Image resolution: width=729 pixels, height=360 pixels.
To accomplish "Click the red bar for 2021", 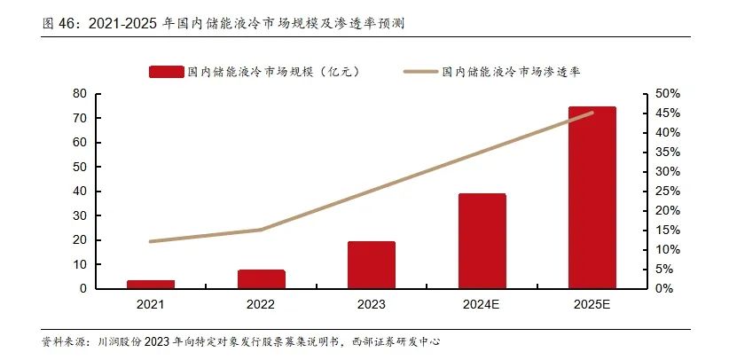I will click(151, 284).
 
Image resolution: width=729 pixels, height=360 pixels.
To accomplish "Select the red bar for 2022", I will click(261, 278).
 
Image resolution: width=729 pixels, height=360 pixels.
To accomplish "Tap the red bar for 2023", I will click(372, 264).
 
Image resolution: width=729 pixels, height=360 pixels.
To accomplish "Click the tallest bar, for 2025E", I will click(592, 197).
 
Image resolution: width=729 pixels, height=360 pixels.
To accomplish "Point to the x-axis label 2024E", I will click(482, 304).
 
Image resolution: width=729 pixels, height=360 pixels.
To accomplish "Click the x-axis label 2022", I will click(261, 304).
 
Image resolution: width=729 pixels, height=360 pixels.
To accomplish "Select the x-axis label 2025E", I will click(592, 304).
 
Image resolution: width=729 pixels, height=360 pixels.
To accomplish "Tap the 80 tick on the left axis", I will click(79, 93).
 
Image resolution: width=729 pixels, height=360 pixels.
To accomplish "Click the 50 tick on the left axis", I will click(79, 167).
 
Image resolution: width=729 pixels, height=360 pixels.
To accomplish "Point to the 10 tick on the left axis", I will click(79, 264).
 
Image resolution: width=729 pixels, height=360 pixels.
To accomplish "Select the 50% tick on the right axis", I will click(667, 93).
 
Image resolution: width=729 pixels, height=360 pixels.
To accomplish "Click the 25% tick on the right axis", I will click(667, 191).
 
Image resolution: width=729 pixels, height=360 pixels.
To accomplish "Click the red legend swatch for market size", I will click(167, 71).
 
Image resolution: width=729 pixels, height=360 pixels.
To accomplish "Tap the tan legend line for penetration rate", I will click(420, 71).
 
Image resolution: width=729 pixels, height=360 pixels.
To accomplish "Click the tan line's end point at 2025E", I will click(592, 113).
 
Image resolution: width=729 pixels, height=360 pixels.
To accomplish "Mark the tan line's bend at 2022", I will click(261, 230).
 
